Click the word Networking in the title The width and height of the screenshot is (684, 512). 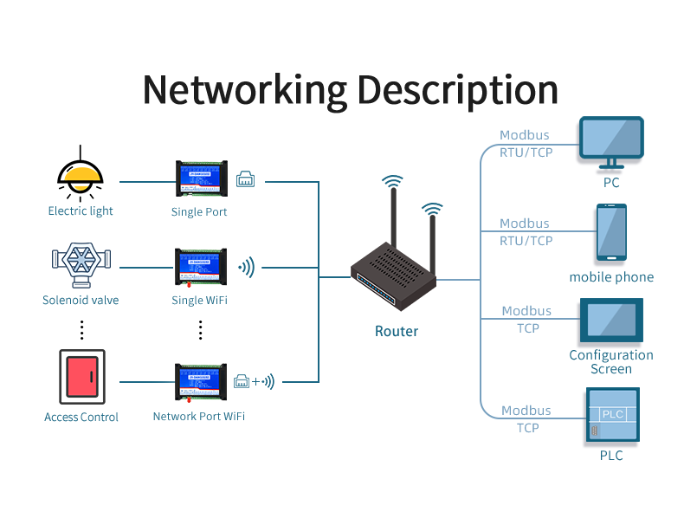tap(244, 90)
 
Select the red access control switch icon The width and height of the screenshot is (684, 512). tap(81, 376)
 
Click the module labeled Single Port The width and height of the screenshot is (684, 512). tap(199, 178)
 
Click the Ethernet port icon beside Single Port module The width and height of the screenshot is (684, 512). tap(245, 180)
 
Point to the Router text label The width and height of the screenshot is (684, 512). tap(397, 331)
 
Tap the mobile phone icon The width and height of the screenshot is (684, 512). tap(611, 232)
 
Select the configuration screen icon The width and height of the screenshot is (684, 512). tap(611, 321)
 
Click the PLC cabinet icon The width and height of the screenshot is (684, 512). tap(611, 416)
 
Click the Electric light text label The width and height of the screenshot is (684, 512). tap(81, 211)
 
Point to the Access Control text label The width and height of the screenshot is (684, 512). tap(81, 417)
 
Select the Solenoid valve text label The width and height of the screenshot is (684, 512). tap(81, 300)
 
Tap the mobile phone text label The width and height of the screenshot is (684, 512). tap(611, 277)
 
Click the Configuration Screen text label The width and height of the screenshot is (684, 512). tap(611, 361)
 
